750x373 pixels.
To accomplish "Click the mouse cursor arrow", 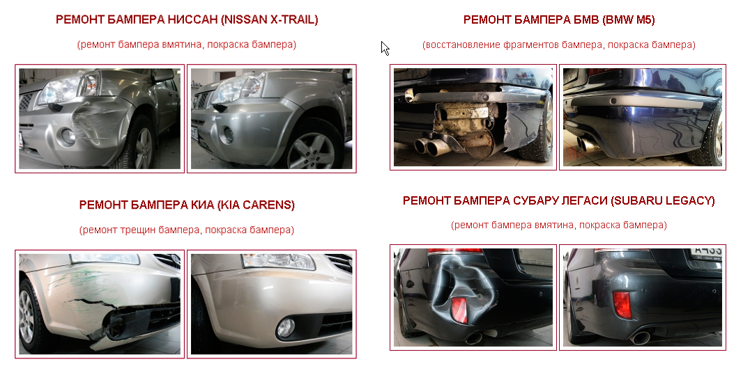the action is (x=385, y=48).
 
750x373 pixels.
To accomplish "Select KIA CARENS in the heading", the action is (x=255, y=205).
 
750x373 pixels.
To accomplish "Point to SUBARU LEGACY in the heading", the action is (x=662, y=200).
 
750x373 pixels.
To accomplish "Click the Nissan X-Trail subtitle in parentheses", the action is (x=187, y=45).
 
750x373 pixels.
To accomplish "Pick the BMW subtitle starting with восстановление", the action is (x=559, y=45).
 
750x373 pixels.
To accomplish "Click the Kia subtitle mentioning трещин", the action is (x=187, y=230).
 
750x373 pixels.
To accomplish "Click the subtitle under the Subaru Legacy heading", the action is (x=559, y=225).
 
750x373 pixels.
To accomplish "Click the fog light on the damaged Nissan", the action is (x=67, y=136).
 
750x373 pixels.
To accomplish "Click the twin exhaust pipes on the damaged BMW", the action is (x=430, y=145).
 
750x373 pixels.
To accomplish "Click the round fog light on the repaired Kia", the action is (x=286, y=328).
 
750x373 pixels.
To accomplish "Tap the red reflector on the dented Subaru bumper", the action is (x=460, y=310).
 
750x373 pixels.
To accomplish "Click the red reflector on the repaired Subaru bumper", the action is (x=622, y=305).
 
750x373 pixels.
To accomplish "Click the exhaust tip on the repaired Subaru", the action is (x=640, y=338).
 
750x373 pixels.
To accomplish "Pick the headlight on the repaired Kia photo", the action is (x=278, y=261).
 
